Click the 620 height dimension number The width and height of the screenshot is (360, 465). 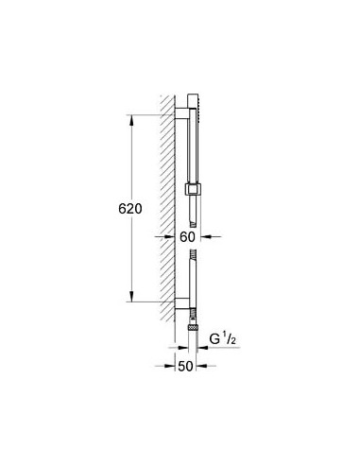(x=143, y=209)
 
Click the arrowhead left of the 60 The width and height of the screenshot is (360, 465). (x=170, y=237)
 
